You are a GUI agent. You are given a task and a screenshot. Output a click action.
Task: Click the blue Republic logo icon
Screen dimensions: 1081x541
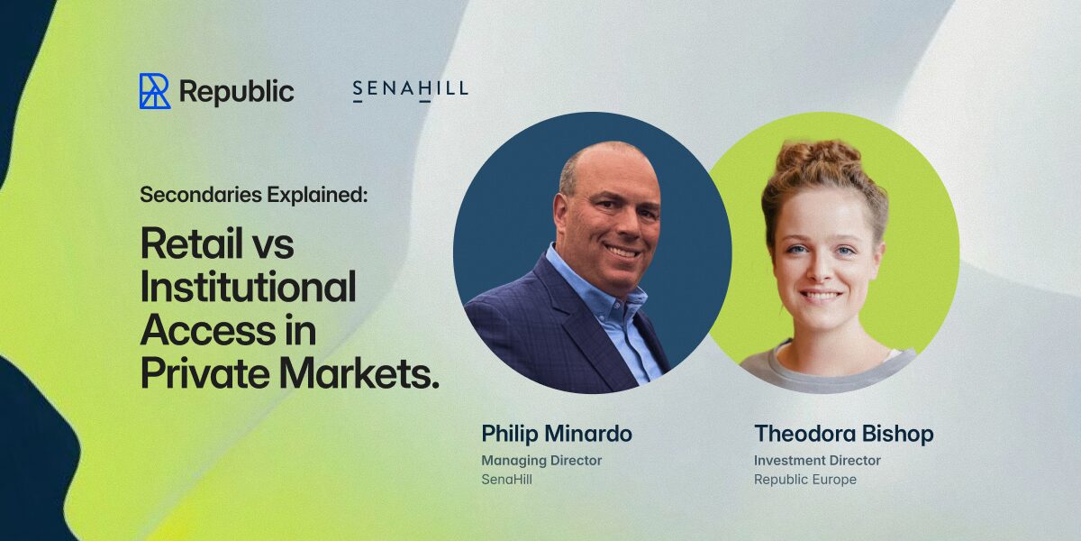[155, 91]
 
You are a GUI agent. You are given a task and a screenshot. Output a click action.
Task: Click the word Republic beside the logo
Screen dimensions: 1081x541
[236, 92]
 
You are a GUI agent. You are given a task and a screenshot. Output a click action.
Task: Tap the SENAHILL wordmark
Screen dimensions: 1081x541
[411, 90]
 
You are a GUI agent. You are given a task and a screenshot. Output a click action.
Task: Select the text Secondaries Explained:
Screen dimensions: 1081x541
[254, 195]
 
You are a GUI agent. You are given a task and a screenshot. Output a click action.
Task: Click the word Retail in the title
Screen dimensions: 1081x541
[192, 243]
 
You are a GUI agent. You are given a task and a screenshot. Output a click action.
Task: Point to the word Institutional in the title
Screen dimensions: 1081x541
[248, 287]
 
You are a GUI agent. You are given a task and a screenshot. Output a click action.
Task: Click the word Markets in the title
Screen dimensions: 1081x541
[359, 373]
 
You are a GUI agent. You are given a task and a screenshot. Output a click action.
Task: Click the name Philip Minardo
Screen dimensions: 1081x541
[557, 434]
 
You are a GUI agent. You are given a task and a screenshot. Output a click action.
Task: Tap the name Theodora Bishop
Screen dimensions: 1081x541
[843, 434]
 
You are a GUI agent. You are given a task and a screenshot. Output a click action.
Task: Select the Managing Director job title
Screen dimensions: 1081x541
[541, 461]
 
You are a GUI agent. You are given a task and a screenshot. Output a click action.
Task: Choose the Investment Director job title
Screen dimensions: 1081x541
[817, 461]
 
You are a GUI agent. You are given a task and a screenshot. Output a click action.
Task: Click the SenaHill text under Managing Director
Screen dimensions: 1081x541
[506, 480]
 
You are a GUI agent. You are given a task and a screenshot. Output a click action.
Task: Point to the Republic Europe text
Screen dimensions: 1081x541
[805, 480]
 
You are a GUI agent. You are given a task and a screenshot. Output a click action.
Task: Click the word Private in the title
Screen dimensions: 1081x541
[205, 373]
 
